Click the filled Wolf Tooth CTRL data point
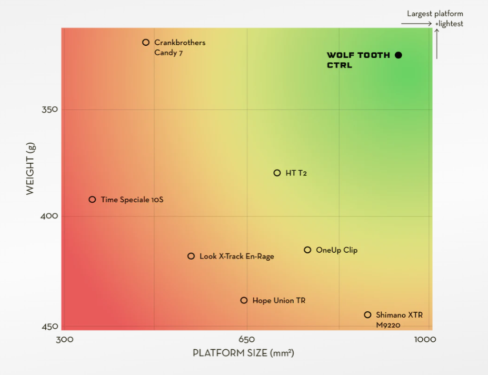(399, 55)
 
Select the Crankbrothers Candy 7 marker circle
(146, 42)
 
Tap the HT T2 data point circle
(277, 173)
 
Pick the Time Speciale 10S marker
(92, 200)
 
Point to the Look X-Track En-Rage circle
(191, 256)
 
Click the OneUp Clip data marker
(307, 250)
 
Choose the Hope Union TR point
(244, 300)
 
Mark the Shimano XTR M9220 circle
(367, 315)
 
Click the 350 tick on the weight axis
(49, 110)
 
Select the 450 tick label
(49, 327)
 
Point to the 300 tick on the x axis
(65, 339)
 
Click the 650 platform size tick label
(247, 339)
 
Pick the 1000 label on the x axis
(425, 339)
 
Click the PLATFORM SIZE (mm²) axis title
(243, 353)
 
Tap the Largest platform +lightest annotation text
(435, 18)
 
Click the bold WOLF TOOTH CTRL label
(358, 60)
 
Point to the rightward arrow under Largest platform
(416, 24)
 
